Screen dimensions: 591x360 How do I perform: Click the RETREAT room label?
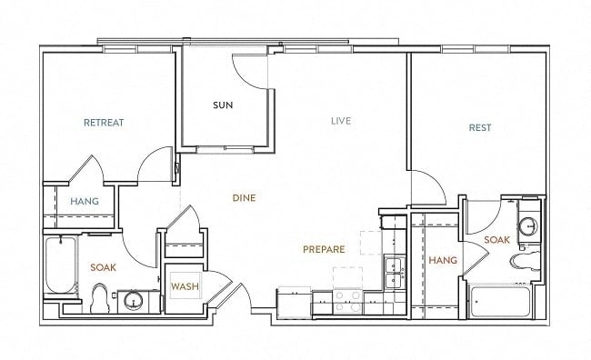(x=104, y=123)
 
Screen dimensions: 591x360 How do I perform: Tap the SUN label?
(x=223, y=105)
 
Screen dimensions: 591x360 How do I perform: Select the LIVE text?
(x=341, y=121)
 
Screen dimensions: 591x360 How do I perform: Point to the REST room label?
(x=480, y=128)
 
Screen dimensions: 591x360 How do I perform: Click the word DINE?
(x=244, y=198)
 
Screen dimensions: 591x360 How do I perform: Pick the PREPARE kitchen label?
(x=324, y=249)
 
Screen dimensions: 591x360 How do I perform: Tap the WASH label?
(x=185, y=286)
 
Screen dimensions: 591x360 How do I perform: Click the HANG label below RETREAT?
(x=85, y=201)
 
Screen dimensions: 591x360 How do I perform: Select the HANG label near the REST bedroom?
(x=443, y=260)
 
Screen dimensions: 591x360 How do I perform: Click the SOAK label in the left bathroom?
(x=103, y=267)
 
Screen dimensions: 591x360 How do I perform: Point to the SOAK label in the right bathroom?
(x=496, y=240)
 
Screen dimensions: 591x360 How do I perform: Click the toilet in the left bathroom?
(x=100, y=298)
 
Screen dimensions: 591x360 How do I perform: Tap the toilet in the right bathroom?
(x=525, y=261)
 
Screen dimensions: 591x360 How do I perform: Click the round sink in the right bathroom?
(x=528, y=226)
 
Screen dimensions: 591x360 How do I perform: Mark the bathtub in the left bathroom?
(x=61, y=265)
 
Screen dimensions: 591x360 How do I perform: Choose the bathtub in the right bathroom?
(x=500, y=302)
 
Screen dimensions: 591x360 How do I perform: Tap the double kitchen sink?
(x=395, y=274)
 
